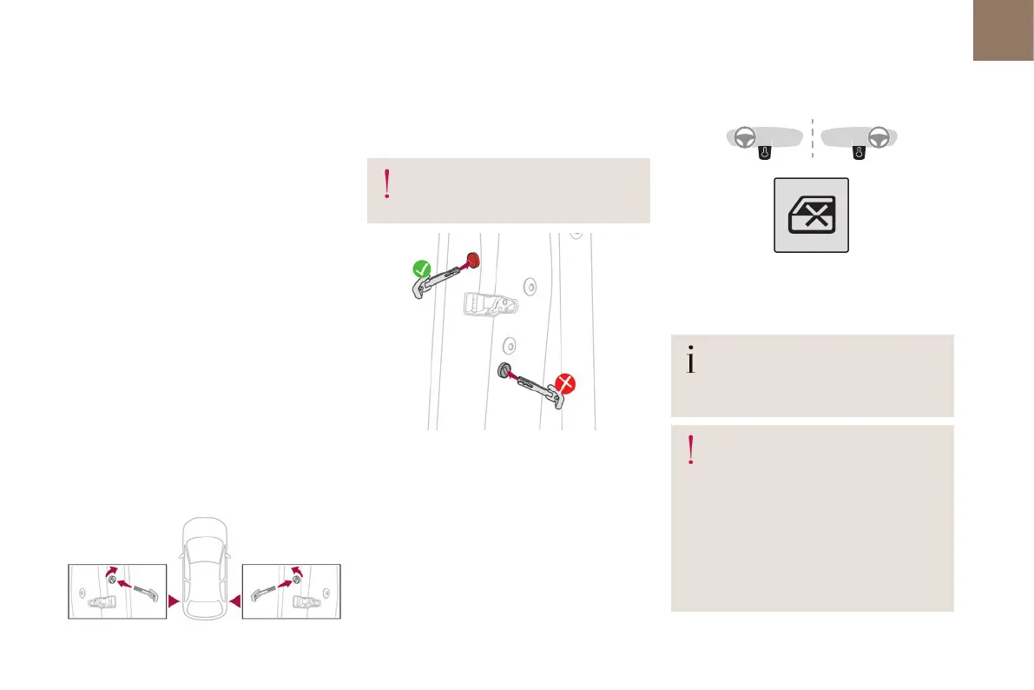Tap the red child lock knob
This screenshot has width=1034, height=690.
[x=471, y=259]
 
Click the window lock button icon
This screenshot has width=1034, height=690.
[x=811, y=216]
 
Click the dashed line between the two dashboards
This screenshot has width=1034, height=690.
[x=812, y=139]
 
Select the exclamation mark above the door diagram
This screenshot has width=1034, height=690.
[x=386, y=185]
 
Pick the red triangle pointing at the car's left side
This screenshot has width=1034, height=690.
[x=173, y=600]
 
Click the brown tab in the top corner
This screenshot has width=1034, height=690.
[x=1004, y=30]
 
